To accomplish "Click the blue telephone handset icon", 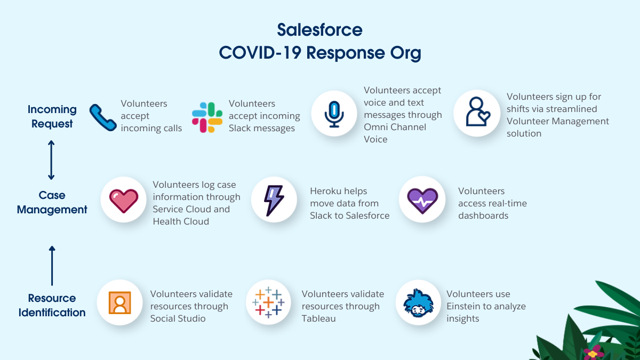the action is coord(103,117).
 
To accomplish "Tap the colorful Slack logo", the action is coord(207,117).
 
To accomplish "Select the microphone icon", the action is coord(334,114).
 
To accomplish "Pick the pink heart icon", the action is coord(124,201).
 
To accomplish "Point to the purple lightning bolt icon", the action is coord(274,201).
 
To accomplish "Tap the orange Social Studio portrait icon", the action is coord(119,302).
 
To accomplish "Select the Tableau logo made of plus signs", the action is coord(268,302).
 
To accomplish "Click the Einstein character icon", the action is coord(418,303).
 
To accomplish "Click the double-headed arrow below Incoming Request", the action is coord(51,160).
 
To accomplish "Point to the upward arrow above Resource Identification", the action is coord(52,266).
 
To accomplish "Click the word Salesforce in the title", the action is coord(319,30).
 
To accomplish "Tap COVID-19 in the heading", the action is coord(260,53).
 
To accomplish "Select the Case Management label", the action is coord(52,202).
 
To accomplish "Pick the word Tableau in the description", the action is coord(318,318).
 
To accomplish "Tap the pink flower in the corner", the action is coord(594,353).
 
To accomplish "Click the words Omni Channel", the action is coord(395,127).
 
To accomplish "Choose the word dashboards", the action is coord(483,215).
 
